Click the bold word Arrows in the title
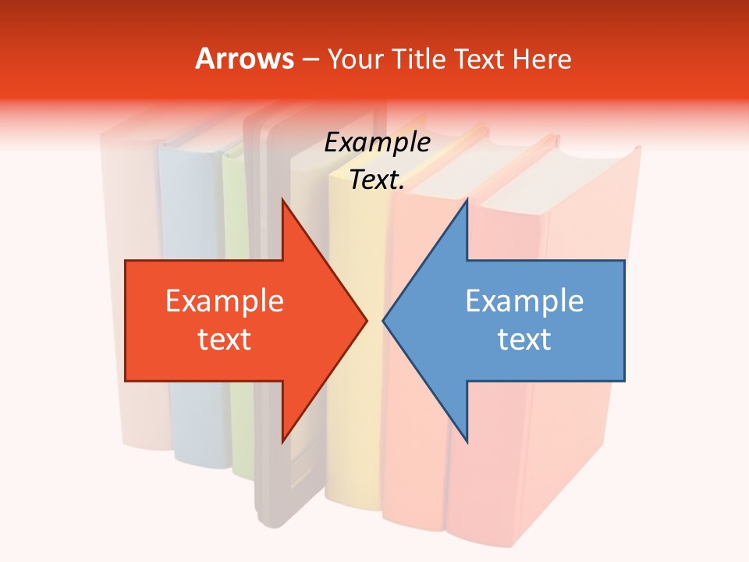pyautogui.click(x=245, y=59)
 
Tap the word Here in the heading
pyautogui.click(x=541, y=59)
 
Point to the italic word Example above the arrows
pyautogui.click(x=377, y=142)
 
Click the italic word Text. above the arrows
pyautogui.click(x=377, y=180)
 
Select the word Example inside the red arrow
pyautogui.click(x=225, y=301)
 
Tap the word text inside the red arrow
pyautogui.click(x=225, y=339)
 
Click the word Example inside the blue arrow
pyautogui.click(x=524, y=301)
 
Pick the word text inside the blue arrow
pyautogui.click(x=524, y=339)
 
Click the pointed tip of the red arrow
pyautogui.click(x=364, y=320)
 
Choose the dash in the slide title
pyautogui.click(x=309, y=60)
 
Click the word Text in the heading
pyautogui.click(x=481, y=59)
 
